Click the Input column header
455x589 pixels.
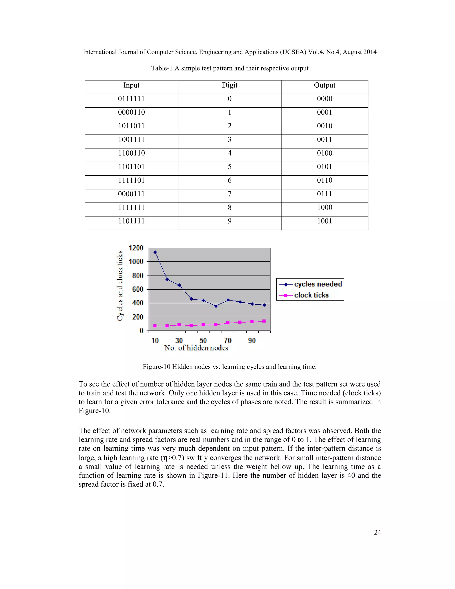click(x=131, y=85)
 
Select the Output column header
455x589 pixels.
click(x=324, y=85)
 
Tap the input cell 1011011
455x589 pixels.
click(x=131, y=126)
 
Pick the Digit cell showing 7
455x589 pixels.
click(x=229, y=194)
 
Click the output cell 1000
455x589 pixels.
click(x=324, y=207)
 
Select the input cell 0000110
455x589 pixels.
click(x=131, y=112)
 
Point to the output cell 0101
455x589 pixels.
click(x=324, y=167)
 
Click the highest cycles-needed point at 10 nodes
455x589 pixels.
click(x=155, y=252)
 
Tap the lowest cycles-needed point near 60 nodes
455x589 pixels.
click(x=216, y=306)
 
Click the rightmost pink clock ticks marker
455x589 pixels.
click(x=264, y=321)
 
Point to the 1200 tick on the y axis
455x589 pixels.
click(x=136, y=248)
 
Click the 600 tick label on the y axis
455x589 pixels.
click(x=138, y=289)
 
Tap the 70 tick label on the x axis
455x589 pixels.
click(x=228, y=341)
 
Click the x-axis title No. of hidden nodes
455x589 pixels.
click(x=196, y=348)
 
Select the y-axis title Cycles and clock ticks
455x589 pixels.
click(x=120, y=286)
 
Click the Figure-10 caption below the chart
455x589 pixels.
click(x=229, y=367)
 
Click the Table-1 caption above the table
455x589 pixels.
click(x=229, y=68)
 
